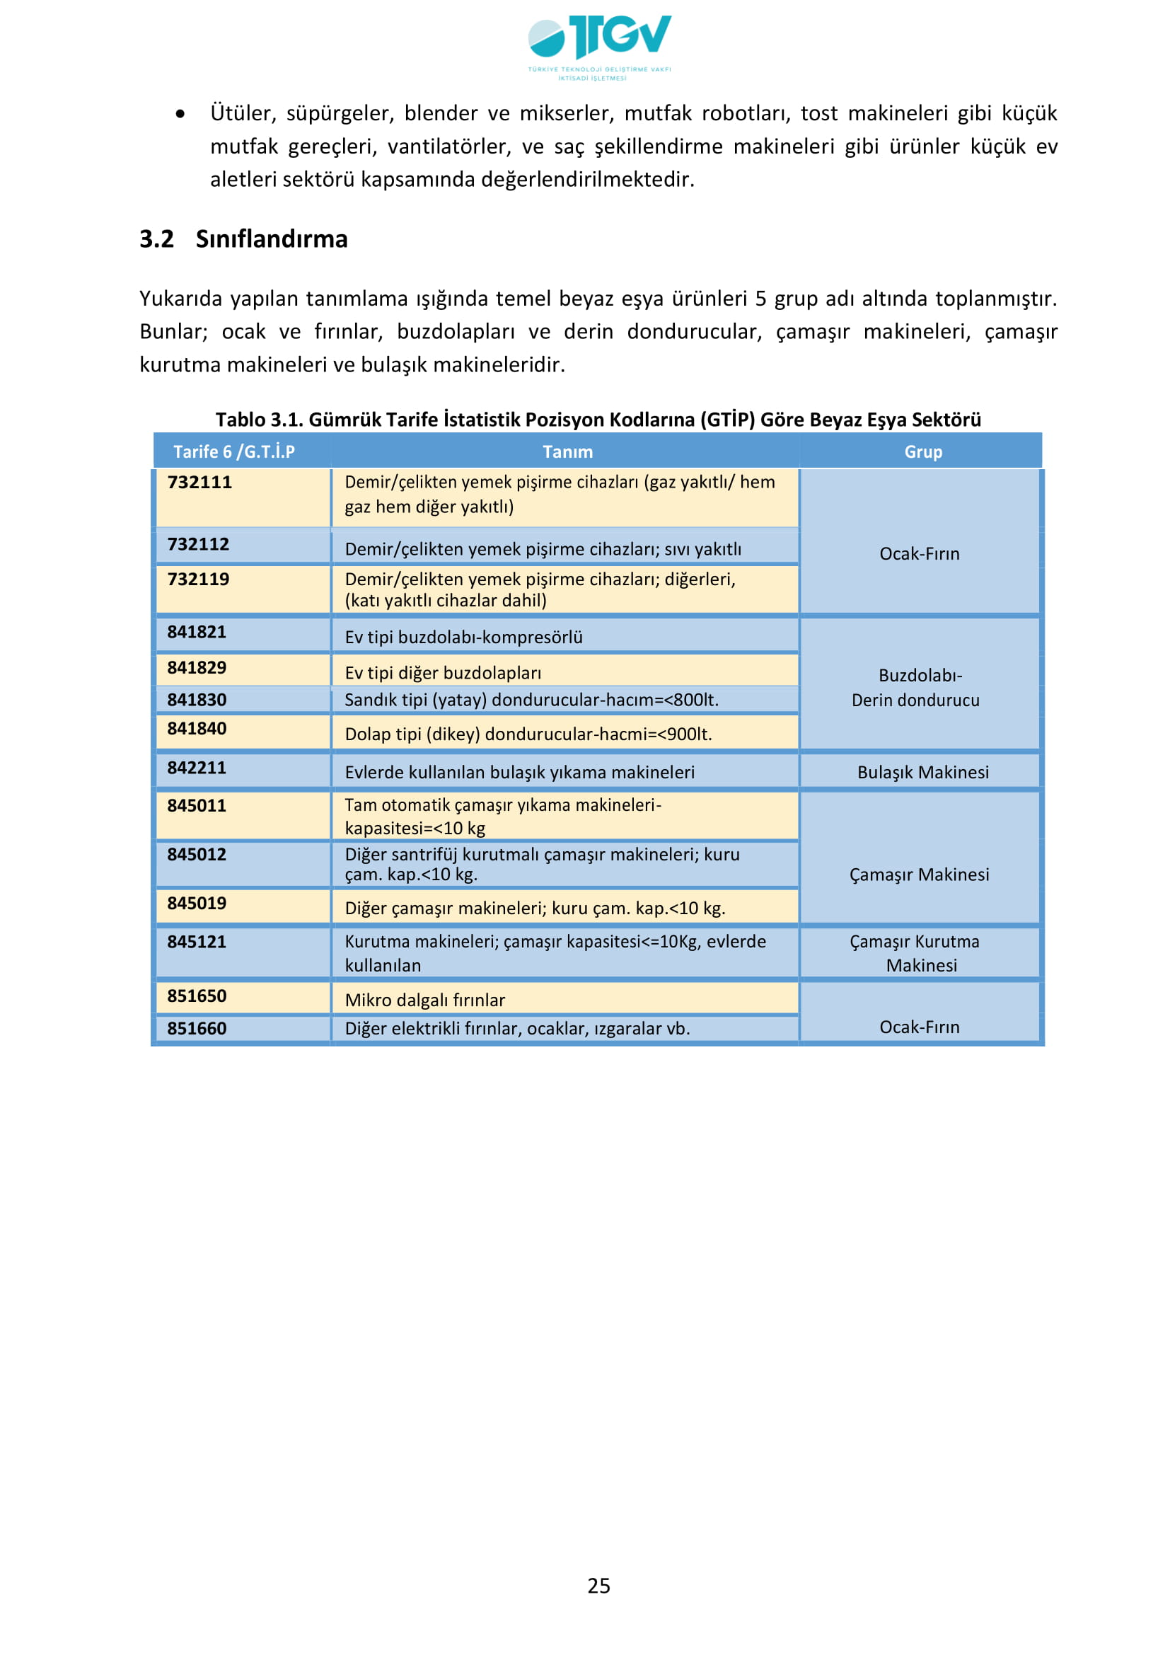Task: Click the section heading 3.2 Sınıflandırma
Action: coord(243,238)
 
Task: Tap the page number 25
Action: coord(598,1586)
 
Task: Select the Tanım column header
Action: coord(568,452)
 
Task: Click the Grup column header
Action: coord(922,452)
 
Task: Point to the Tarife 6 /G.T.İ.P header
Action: coord(234,452)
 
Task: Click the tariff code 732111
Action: coord(199,483)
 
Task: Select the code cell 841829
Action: coord(197,667)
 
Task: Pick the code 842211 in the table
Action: coord(197,768)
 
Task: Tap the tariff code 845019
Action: coord(197,903)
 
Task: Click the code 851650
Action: coord(197,996)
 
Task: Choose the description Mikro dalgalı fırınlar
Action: coord(424,1000)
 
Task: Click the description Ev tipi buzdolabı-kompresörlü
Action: coord(463,638)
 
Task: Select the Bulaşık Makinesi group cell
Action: coord(922,772)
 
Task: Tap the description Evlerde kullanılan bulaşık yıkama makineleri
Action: coord(519,772)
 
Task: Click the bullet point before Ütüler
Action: coord(180,113)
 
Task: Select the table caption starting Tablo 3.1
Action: coord(598,420)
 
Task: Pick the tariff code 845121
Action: coord(197,941)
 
